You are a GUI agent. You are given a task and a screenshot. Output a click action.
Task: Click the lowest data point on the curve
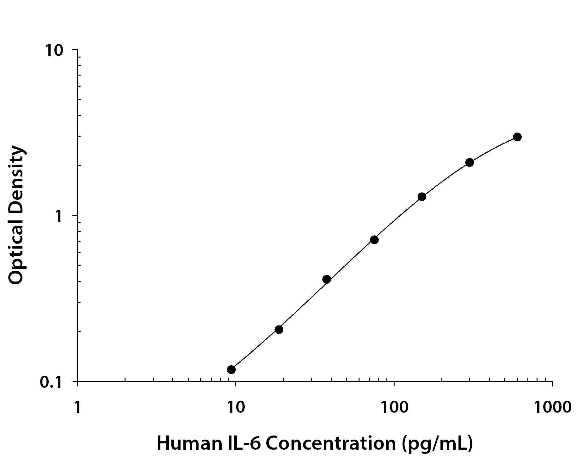click(x=231, y=369)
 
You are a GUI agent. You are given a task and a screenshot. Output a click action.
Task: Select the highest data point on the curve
click(x=517, y=137)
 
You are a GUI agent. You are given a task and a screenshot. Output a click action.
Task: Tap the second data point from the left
click(x=279, y=330)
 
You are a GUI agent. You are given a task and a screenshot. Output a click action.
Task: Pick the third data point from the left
click(x=327, y=279)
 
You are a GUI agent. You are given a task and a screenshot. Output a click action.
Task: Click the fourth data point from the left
click(x=374, y=239)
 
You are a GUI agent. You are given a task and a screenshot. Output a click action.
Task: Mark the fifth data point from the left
click(x=422, y=197)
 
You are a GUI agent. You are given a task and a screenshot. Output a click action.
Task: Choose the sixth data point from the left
click(x=470, y=163)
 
